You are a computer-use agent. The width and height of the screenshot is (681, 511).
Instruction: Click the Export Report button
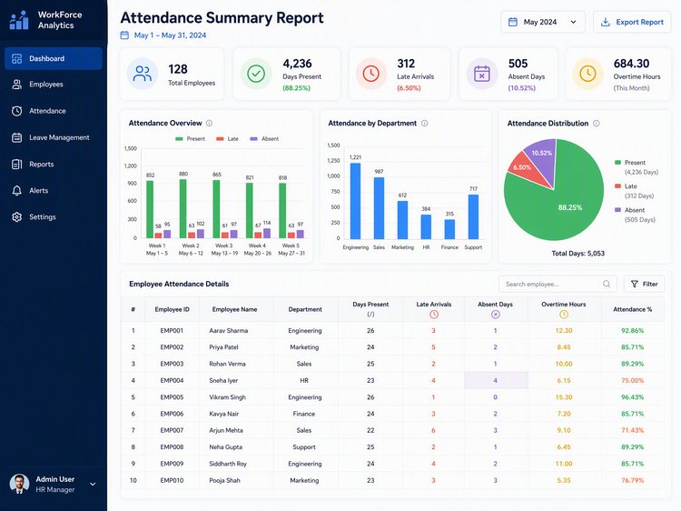pos(632,22)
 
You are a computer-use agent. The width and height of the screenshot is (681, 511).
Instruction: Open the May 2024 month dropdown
pos(542,22)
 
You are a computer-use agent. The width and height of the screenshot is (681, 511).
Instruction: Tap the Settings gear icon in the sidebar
pos(17,216)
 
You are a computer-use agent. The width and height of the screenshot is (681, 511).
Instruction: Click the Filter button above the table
pos(644,284)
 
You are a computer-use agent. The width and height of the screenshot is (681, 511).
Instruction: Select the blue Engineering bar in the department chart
pos(355,201)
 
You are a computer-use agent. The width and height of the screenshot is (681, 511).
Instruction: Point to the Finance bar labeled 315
pos(449,229)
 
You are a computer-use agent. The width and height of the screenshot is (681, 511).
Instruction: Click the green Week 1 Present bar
pos(150,209)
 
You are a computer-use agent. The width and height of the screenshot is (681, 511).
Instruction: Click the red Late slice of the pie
pos(528,172)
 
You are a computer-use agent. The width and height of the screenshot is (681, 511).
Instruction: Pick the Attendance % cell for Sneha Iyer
pos(632,381)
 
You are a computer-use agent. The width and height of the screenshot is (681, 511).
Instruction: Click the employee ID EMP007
pos(172,430)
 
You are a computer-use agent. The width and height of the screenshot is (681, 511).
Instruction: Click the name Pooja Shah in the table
pos(224,480)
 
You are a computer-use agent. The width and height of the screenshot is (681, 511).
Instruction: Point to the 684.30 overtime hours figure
pos(631,64)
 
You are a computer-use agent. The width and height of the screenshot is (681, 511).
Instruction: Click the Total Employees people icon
pos(143,74)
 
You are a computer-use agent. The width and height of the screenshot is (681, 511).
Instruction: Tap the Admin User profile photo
pos(20,484)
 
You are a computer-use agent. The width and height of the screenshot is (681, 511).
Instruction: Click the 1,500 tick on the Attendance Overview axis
pos(130,148)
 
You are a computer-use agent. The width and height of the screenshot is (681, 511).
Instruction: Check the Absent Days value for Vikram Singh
pos(495,397)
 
